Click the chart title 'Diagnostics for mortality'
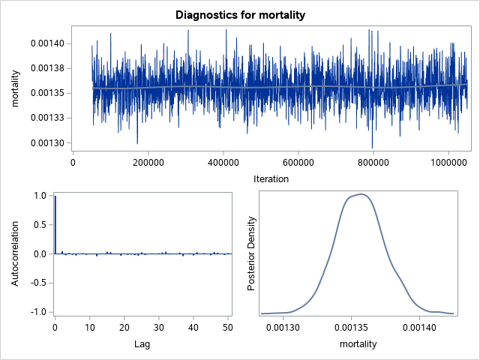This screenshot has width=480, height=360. click(x=240, y=15)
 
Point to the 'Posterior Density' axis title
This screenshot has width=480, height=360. click(x=252, y=253)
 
